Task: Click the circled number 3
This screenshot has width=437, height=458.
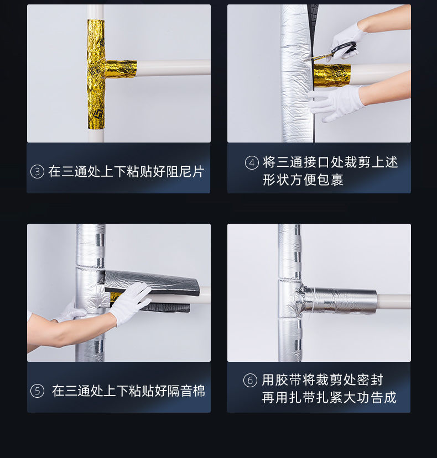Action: point(37,171)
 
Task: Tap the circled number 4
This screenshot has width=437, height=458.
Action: point(252,162)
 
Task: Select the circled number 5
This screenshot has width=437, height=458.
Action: point(37,391)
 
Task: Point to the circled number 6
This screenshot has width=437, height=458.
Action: point(251,380)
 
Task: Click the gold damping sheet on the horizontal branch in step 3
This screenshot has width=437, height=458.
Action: point(120,69)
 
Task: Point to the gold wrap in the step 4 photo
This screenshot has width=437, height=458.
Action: point(332,75)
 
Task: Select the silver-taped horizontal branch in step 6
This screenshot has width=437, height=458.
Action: point(339,301)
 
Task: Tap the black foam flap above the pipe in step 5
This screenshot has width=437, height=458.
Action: point(150,281)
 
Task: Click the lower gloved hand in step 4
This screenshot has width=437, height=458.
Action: point(336,102)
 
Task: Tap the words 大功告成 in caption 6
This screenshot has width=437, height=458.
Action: point(370,398)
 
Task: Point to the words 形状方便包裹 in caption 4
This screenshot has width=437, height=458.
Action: point(303,180)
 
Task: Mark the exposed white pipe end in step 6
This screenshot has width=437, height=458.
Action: point(394,302)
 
